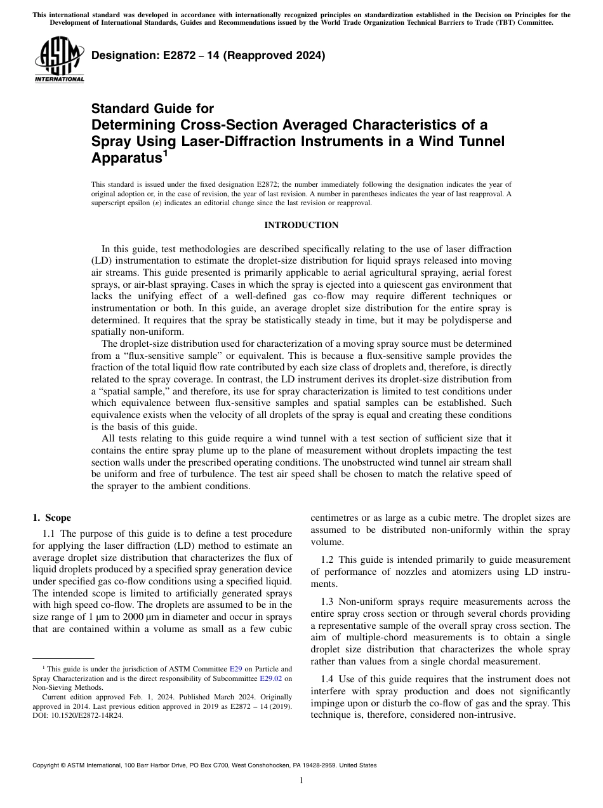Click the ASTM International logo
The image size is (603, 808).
(58, 60)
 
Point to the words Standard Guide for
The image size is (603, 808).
(153, 109)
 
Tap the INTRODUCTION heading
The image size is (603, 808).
(301, 225)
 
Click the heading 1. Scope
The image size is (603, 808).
(52, 518)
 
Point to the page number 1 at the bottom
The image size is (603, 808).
(301, 781)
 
